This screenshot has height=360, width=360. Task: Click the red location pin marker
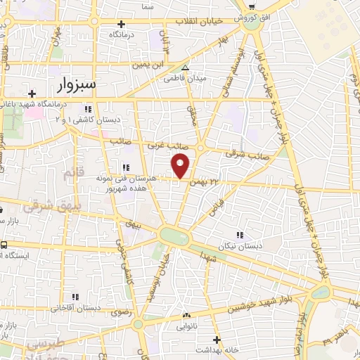(181, 167)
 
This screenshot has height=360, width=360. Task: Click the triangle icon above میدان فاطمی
(185, 67)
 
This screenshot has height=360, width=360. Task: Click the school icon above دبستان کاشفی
(88, 110)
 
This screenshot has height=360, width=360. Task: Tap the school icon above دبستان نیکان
(239, 235)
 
